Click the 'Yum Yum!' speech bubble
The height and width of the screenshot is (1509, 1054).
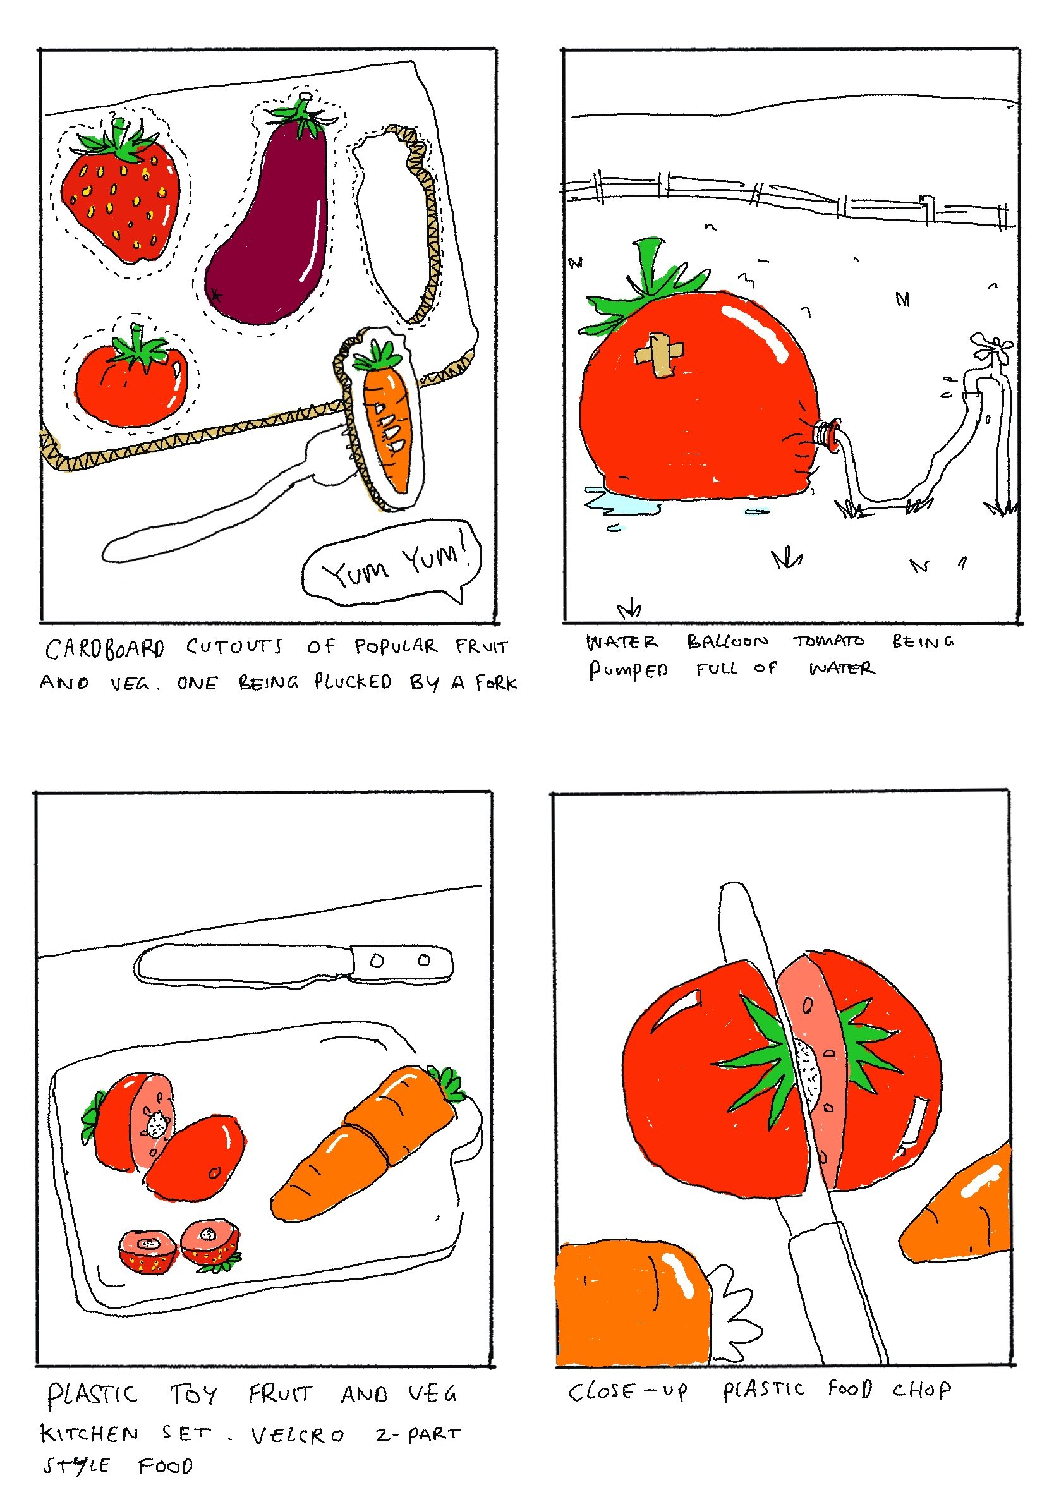(x=392, y=562)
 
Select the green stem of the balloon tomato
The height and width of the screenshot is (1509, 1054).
(x=647, y=286)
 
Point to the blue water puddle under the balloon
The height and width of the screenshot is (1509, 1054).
(x=621, y=503)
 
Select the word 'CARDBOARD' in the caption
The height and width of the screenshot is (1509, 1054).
(x=104, y=649)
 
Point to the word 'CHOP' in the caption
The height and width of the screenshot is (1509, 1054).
(x=921, y=1390)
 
